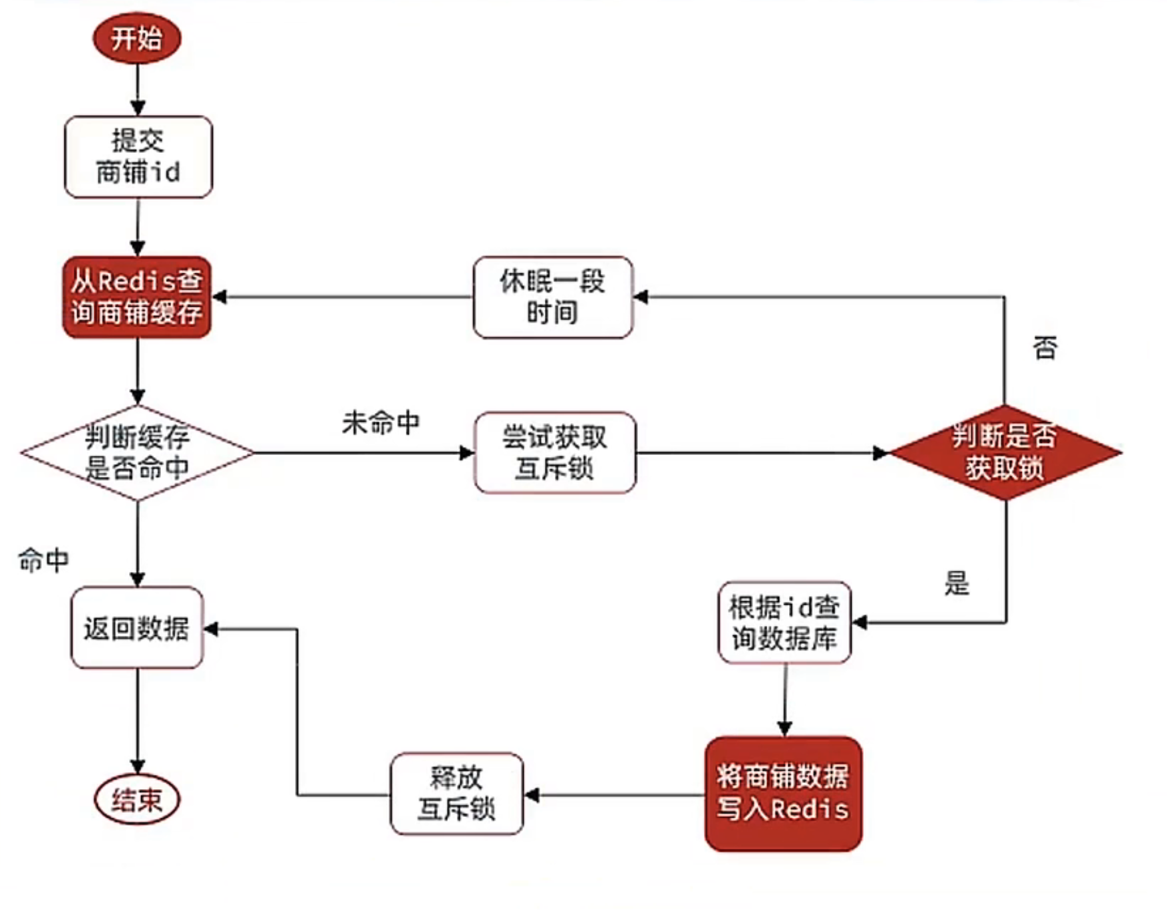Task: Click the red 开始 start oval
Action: click(x=136, y=38)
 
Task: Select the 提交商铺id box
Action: click(x=138, y=157)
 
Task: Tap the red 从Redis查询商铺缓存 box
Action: click(x=137, y=297)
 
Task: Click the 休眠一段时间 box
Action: click(x=552, y=297)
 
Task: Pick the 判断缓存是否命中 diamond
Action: click(x=137, y=453)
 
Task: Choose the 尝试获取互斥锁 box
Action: click(x=555, y=453)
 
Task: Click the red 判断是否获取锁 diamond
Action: click(x=1005, y=453)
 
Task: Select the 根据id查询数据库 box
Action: click(x=784, y=623)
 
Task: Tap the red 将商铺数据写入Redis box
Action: click(x=783, y=794)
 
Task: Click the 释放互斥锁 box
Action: click(x=456, y=794)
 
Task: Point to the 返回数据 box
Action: click(x=136, y=628)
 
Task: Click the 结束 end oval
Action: click(x=137, y=800)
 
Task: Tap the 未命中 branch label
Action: click(x=381, y=423)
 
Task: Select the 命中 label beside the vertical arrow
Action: click(x=43, y=560)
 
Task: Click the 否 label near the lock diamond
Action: click(x=1045, y=348)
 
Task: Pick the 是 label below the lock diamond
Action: click(x=957, y=583)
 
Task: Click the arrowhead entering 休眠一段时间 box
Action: click(x=641, y=297)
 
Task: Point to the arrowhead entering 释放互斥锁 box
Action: click(x=532, y=794)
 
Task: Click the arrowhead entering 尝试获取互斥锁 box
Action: click(x=467, y=453)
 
